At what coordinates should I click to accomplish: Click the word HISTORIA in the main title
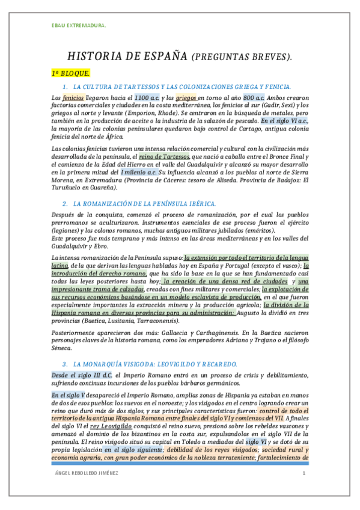click(96, 57)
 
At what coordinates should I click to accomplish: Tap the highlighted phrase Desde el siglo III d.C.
click(83, 375)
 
